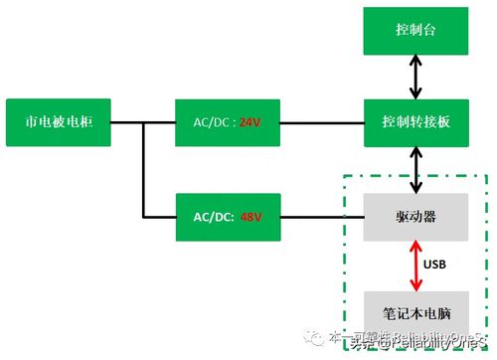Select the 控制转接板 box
pos(415,123)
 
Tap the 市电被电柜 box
pos(57,123)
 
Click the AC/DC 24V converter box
pos(227,123)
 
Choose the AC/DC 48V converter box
pos(227,215)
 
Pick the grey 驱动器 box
pos(415,215)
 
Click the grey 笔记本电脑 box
pos(415,308)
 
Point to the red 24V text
pos(249,124)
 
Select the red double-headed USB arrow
pos(414,263)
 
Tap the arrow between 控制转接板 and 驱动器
pos(415,169)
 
